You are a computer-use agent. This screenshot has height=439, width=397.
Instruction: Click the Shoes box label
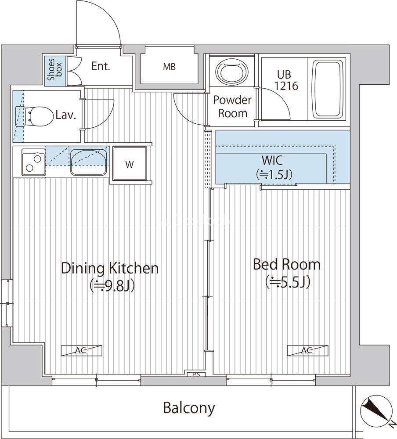55,69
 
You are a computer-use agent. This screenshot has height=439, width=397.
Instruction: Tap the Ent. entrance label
101,67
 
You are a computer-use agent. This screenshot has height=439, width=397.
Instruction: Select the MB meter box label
170,67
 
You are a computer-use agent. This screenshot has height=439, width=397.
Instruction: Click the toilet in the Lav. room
35,116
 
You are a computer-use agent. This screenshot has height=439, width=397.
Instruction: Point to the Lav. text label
66,115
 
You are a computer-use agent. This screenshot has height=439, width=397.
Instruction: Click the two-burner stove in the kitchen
33,162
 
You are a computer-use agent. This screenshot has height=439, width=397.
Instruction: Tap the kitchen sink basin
89,162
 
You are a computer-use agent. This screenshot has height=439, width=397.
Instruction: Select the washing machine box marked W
130,165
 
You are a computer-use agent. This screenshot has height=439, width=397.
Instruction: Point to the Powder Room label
233,107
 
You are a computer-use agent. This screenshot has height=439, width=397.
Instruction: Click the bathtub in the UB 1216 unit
328,89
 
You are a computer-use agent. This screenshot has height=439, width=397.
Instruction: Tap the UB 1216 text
286,80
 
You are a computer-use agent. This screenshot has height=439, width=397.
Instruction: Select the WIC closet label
274,168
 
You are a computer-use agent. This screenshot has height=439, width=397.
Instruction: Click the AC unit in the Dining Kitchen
82,350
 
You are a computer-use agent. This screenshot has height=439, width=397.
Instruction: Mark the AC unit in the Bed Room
307,350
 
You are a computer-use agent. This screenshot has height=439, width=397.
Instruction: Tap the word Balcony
189,408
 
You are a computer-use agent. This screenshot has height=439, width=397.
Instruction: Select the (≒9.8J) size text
112,286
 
